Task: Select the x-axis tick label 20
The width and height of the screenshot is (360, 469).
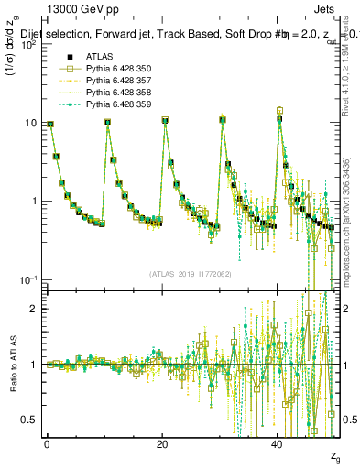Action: tap(162, 443)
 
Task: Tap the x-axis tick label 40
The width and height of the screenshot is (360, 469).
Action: tap(278, 443)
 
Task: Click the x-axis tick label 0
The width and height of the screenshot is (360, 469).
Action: tap(47, 443)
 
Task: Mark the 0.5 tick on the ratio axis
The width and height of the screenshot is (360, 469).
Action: tap(31, 420)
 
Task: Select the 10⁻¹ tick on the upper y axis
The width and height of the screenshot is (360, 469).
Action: tap(29, 279)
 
